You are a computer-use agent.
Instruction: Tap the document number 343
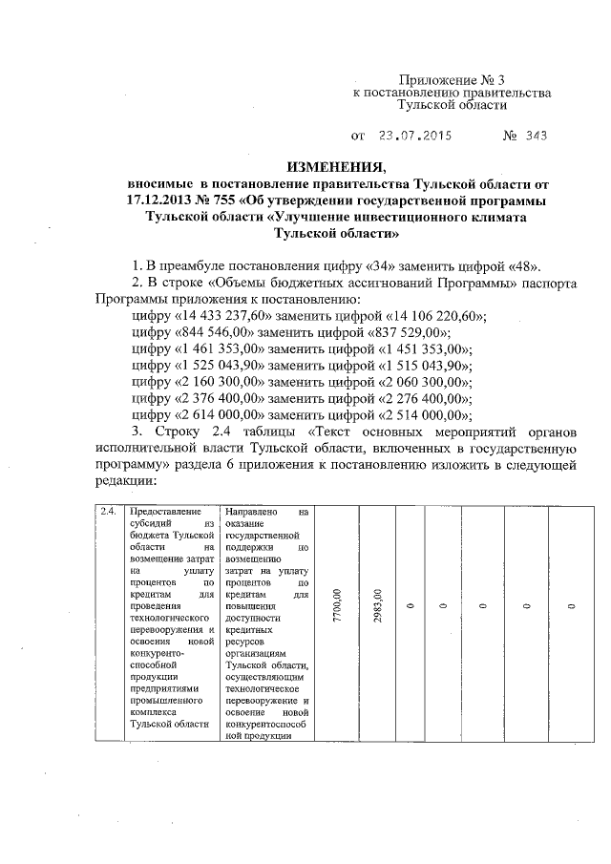[x=537, y=136]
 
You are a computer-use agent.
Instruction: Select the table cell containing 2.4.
[x=109, y=512]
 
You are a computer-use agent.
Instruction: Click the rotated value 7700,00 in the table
[x=336, y=605]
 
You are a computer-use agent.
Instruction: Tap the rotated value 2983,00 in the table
[x=379, y=605]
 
